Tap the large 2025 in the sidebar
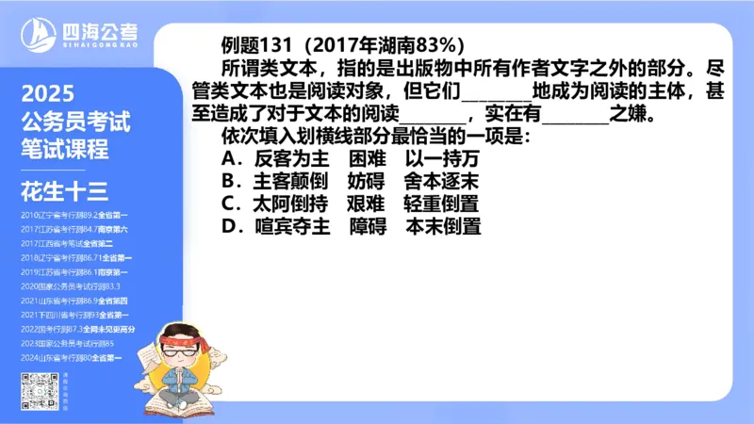tap(47, 96)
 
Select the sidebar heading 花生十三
tap(63, 192)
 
